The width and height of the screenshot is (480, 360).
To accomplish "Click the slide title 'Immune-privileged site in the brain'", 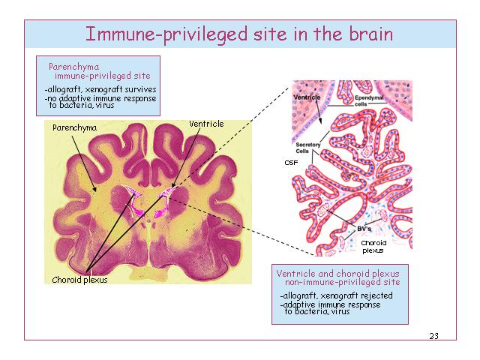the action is click(x=239, y=34).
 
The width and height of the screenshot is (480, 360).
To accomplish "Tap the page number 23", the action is click(x=433, y=336).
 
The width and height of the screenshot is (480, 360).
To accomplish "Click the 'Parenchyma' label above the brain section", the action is click(x=75, y=127).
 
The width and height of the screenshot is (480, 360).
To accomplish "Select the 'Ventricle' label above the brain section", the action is click(x=206, y=124).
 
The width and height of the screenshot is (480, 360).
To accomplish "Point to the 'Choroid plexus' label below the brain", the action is click(x=80, y=280).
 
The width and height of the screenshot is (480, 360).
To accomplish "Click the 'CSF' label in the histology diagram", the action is click(x=291, y=163).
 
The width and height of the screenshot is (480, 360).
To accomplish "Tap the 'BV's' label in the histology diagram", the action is click(x=364, y=229).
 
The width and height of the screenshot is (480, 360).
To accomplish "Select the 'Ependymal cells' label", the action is click(x=369, y=100).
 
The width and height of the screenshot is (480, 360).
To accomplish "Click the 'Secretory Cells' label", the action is click(x=308, y=148).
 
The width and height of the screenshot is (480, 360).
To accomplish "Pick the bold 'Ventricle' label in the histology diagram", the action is click(x=307, y=97).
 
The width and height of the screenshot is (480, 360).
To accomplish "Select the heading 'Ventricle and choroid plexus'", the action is click(x=337, y=273).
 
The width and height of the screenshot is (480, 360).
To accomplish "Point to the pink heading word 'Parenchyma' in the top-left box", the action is click(x=73, y=67).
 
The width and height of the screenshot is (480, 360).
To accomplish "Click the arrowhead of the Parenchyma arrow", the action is click(x=95, y=189).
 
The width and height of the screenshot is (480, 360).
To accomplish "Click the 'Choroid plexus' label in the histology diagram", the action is click(x=373, y=247).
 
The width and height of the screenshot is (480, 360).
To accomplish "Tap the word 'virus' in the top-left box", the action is click(x=105, y=105).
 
